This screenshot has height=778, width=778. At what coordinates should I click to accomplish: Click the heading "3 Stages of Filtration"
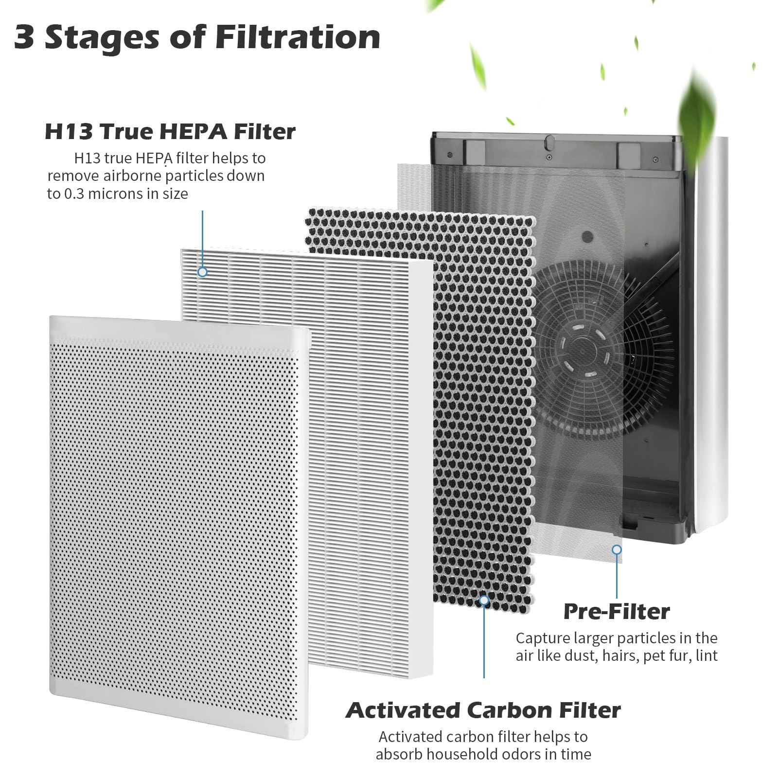click(x=197, y=38)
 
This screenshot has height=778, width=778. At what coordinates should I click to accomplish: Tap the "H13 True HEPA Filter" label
click(x=170, y=132)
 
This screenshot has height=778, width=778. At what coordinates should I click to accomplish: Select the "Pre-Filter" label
click(x=617, y=611)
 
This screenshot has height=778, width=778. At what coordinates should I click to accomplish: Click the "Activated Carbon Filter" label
click(x=483, y=710)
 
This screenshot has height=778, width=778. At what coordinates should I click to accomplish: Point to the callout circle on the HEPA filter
click(x=202, y=272)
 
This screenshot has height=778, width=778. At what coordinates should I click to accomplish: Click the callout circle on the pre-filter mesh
click(x=617, y=550)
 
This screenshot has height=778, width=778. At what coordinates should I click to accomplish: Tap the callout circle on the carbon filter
click(x=484, y=601)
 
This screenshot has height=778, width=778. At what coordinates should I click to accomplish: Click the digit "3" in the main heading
click(x=24, y=38)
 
